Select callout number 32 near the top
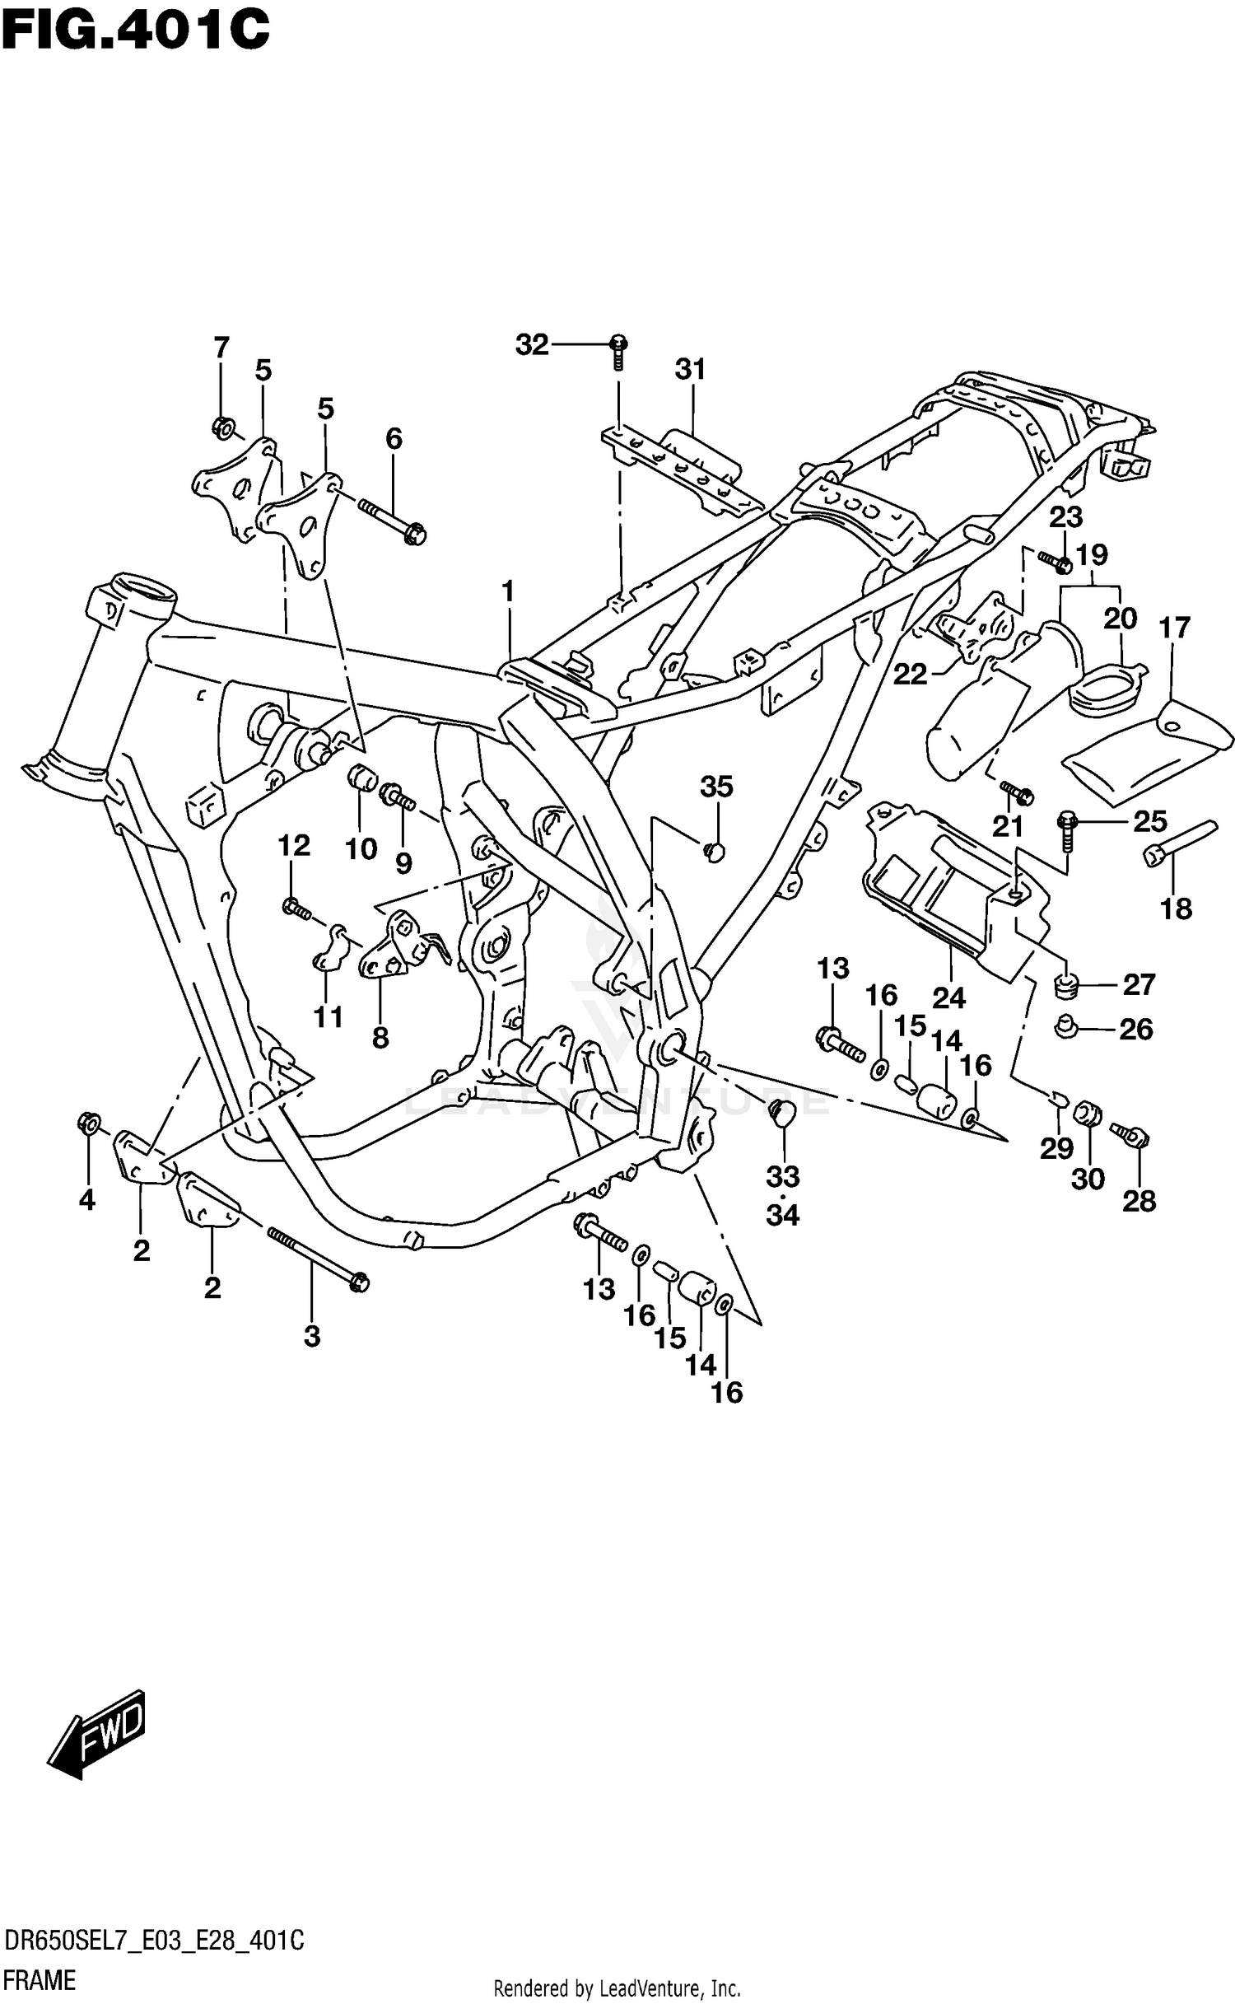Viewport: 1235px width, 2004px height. tap(532, 344)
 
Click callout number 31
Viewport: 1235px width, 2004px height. tap(691, 370)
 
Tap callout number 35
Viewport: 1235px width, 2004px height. tap(715, 787)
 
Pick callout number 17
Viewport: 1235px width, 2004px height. tap(1175, 628)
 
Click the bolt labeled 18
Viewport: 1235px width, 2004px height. tap(1179, 841)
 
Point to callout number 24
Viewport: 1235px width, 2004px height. tap(948, 998)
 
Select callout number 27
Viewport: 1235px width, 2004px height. tap(1139, 984)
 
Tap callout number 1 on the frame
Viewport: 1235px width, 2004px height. tap(508, 591)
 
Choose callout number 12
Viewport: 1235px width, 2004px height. tap(294, 845)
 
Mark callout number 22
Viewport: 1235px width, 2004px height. tap(911, 675)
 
